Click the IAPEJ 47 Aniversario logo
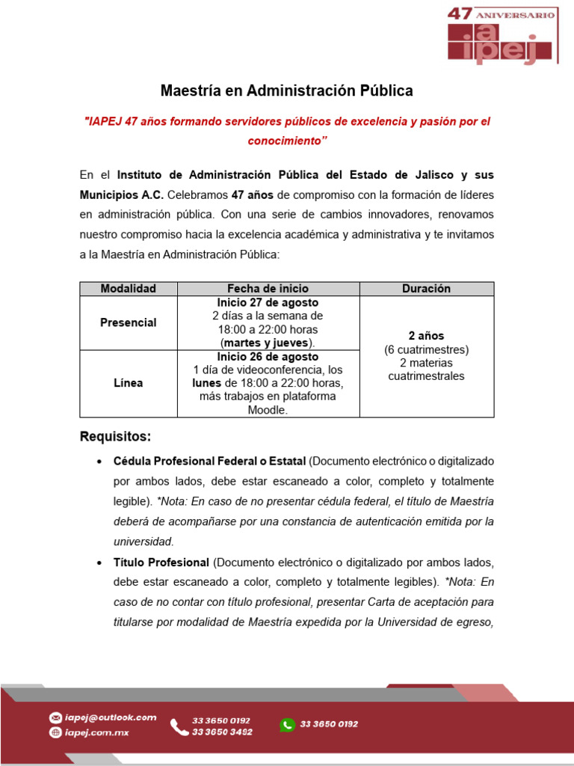coord(502,36)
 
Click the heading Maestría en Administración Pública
coord(287,91)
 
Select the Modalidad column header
coord(129,289)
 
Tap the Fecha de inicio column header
coord(268,289)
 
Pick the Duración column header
coord(426,289)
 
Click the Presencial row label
coord(129,322)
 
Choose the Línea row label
coord(129,383)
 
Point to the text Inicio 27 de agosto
coord(268,303)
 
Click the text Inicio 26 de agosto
coord(268,357)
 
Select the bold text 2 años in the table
coord(426,336)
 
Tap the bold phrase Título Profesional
coord(161,562)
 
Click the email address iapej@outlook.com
coord(110,717)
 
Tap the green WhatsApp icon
coord(287,725)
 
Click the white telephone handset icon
coord(179,726)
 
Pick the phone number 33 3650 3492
coord(221,732)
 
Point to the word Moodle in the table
coord(268,410)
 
